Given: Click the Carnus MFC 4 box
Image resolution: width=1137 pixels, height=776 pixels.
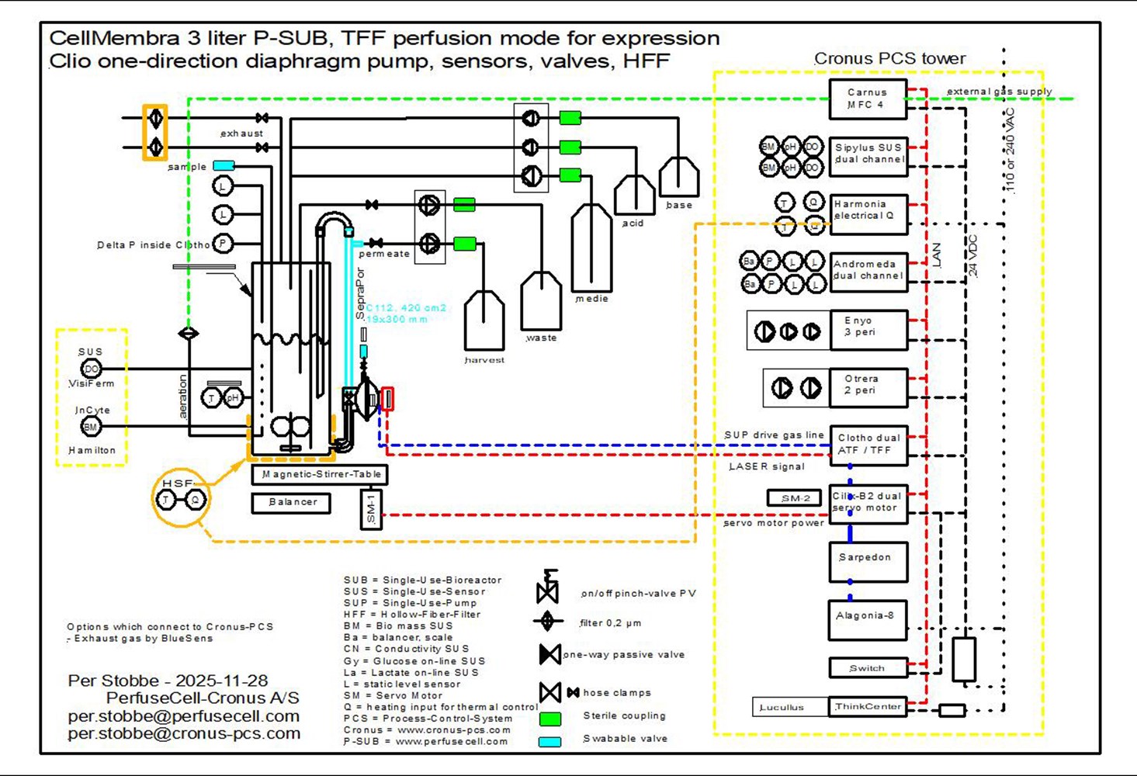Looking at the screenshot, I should coord(868,99).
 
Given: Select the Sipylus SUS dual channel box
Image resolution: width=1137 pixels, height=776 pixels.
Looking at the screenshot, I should coord(868,154).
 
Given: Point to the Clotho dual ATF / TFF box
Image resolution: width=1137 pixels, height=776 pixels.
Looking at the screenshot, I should coord(868,445).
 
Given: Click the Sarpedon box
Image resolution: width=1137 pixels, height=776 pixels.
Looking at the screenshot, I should coord(868,561).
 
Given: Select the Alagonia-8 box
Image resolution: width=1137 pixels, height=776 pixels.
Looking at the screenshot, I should coord(868,619).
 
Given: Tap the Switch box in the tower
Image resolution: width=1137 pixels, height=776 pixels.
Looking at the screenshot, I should coord(868,668).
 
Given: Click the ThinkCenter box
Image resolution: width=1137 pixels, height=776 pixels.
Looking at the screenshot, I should coord(868,707).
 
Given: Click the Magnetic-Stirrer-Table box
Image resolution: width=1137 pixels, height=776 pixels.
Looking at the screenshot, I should coord(320,474).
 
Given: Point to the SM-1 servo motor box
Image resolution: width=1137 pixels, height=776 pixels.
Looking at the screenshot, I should coord(371,509).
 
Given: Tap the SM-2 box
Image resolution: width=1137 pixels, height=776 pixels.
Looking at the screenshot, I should coord(794,498).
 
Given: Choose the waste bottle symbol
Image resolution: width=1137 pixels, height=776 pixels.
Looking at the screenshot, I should coord(541,302).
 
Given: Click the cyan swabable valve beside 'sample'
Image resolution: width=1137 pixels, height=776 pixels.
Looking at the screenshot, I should coord(224,165).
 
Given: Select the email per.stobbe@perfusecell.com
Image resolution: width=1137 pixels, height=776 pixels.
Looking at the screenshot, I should coord(183,716).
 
